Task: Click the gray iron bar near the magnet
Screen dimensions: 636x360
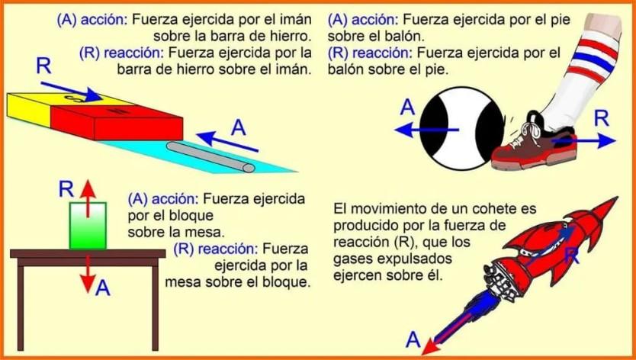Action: pos(214,153)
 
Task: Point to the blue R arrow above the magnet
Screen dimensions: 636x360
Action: pos(69,87)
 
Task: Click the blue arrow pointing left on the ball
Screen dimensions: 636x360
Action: pos(427,130)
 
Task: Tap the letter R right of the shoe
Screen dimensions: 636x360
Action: pos(602,117)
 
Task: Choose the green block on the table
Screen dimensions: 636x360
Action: pos(88,225)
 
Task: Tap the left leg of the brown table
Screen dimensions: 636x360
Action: pos(23,305)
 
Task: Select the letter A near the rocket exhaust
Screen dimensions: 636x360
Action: pos(413,338)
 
